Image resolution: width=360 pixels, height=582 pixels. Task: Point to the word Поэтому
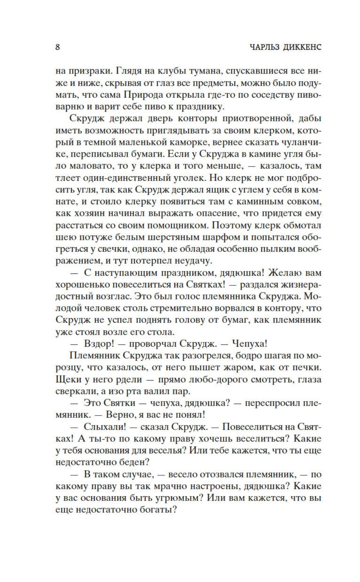pyautogui.click(x=233, y=226)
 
